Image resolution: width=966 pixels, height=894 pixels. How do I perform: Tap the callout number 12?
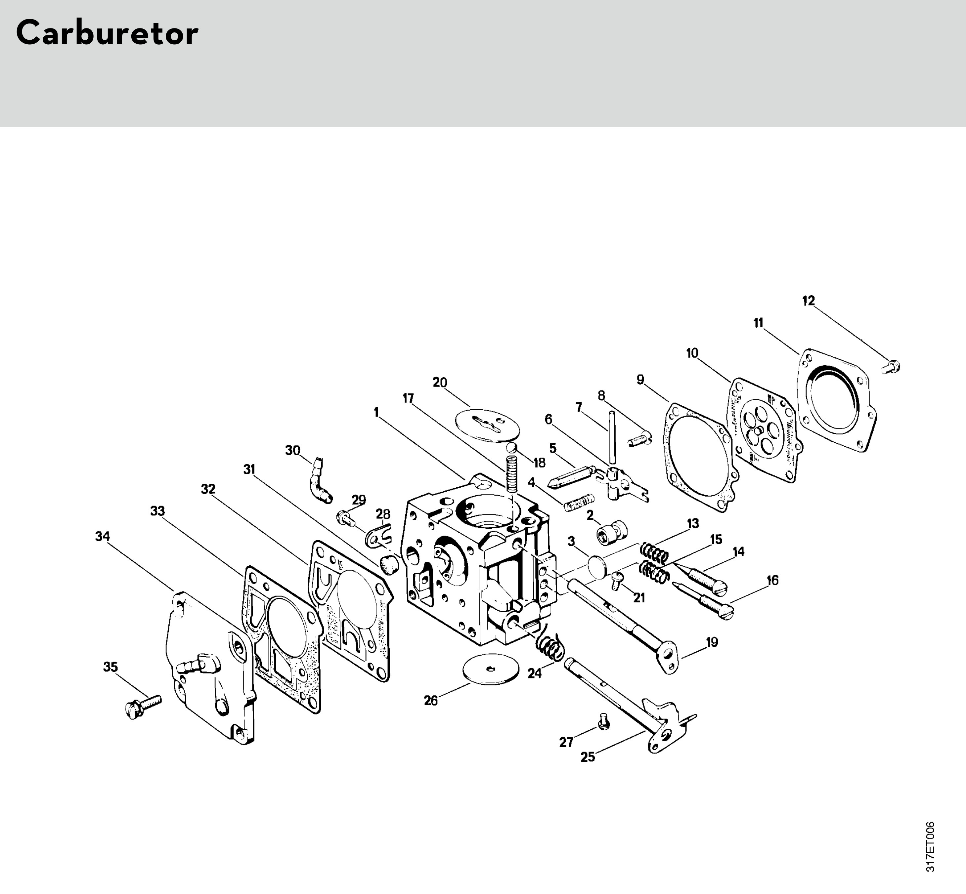point(808,301)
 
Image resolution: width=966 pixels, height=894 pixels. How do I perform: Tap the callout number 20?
point(439,383)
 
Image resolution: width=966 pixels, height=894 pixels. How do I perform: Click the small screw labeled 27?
point(603,723)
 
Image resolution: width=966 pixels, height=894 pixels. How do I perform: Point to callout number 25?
point(588,757)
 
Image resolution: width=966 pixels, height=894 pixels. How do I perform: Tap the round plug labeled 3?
point(597,566)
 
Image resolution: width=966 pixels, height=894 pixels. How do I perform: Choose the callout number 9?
point(640,380)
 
